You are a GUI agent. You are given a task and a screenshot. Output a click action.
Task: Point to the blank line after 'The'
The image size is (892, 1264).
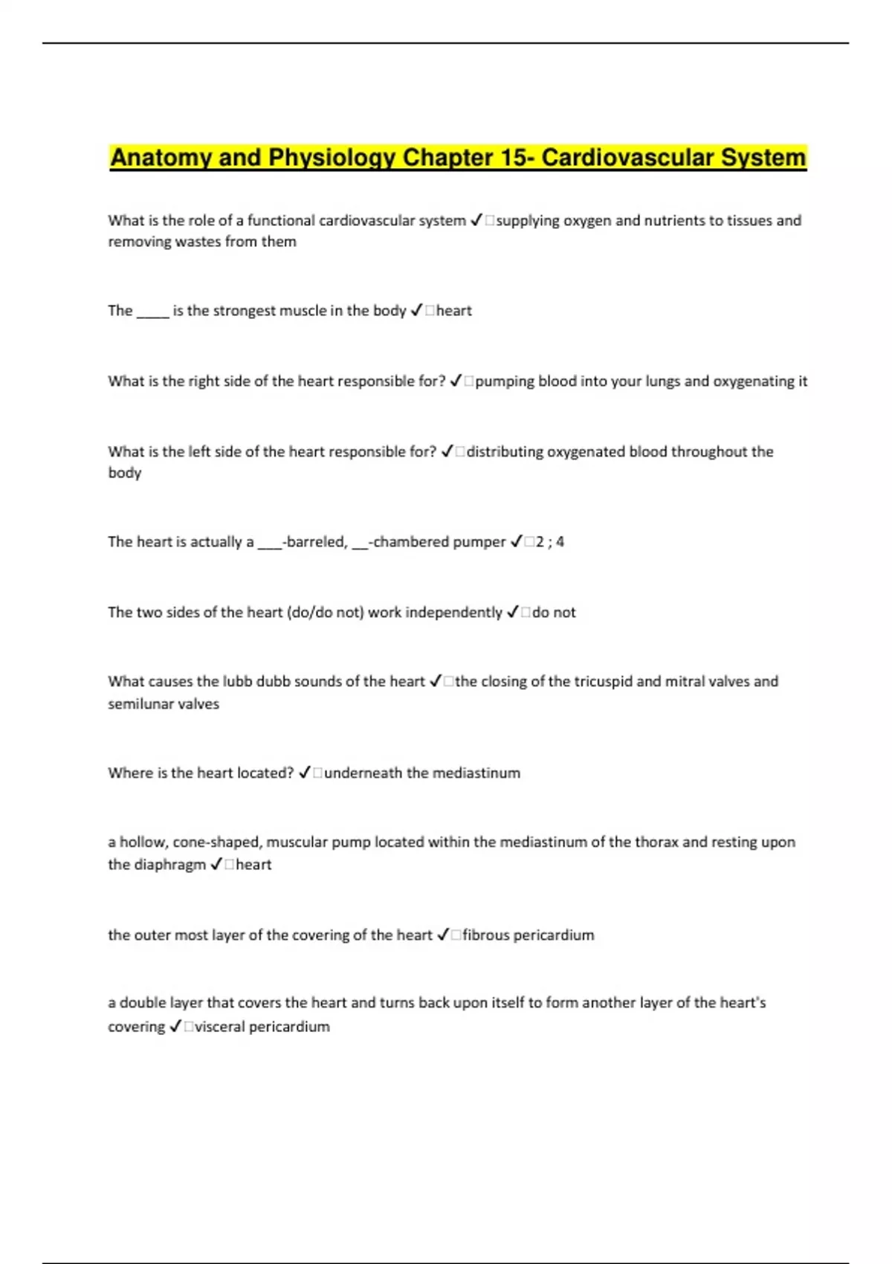153,312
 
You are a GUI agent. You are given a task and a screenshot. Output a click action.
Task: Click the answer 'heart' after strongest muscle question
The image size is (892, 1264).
453,310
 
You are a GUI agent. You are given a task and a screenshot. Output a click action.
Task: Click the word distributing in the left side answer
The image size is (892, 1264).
505,451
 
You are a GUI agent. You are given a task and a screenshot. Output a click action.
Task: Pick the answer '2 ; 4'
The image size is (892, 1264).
549,541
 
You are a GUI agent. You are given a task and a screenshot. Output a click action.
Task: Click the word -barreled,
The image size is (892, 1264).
315,541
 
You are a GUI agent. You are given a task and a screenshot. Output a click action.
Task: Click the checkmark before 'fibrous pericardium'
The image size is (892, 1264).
443,935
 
